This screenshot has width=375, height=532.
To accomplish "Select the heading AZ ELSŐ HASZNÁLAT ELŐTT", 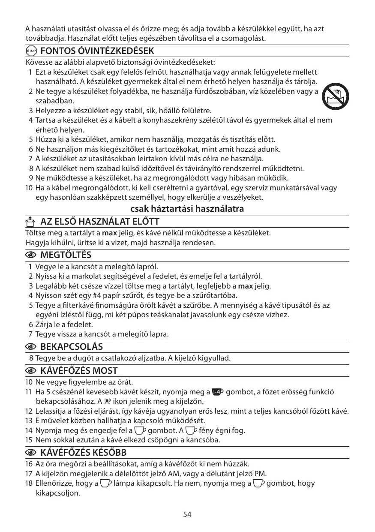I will click(99, 222).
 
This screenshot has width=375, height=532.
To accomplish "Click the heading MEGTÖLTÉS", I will click(66, 255).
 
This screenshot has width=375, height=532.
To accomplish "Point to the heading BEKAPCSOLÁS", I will click(71, 346).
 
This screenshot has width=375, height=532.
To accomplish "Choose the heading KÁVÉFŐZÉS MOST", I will click(79, 370).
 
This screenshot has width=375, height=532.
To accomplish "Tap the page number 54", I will click(187, 515).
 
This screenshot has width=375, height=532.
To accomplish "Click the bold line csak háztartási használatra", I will click(187, 209).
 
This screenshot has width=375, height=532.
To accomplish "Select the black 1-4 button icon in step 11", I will click(218, 392).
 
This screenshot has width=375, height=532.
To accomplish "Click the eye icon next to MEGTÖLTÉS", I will click(31, 255).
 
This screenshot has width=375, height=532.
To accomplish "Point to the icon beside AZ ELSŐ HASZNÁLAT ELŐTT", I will click(30, 222).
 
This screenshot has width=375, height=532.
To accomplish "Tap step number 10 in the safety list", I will click(29, 188).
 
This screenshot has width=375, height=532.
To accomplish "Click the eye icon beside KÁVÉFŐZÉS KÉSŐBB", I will click(31, 453).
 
